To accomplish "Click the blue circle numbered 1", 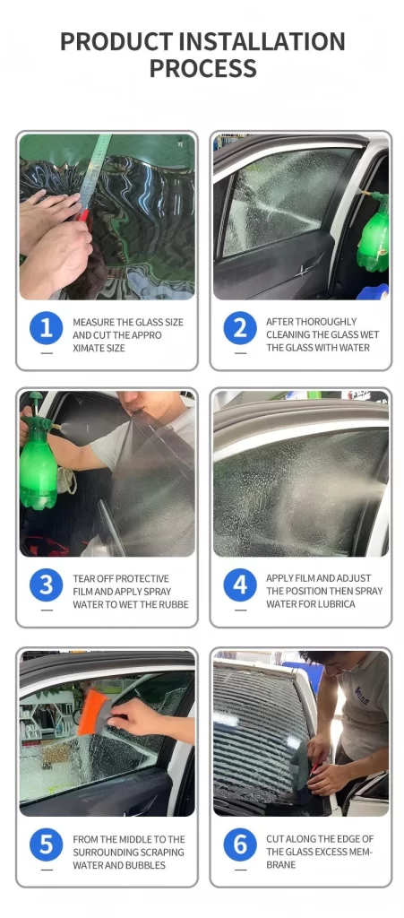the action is point(47,328).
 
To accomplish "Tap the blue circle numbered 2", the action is point(240,328).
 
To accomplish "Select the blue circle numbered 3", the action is point(47,585).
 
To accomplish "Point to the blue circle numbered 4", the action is point(240,585).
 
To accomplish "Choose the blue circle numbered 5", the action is point(47,844).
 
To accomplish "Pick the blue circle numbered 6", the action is point(240,844).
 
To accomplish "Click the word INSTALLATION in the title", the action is point(262,41).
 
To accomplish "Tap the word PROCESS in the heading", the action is point(202,68).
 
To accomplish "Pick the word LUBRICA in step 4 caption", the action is point(335,604).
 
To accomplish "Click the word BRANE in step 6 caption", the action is point(280,865).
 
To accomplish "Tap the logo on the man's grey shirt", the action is point(361,697).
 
